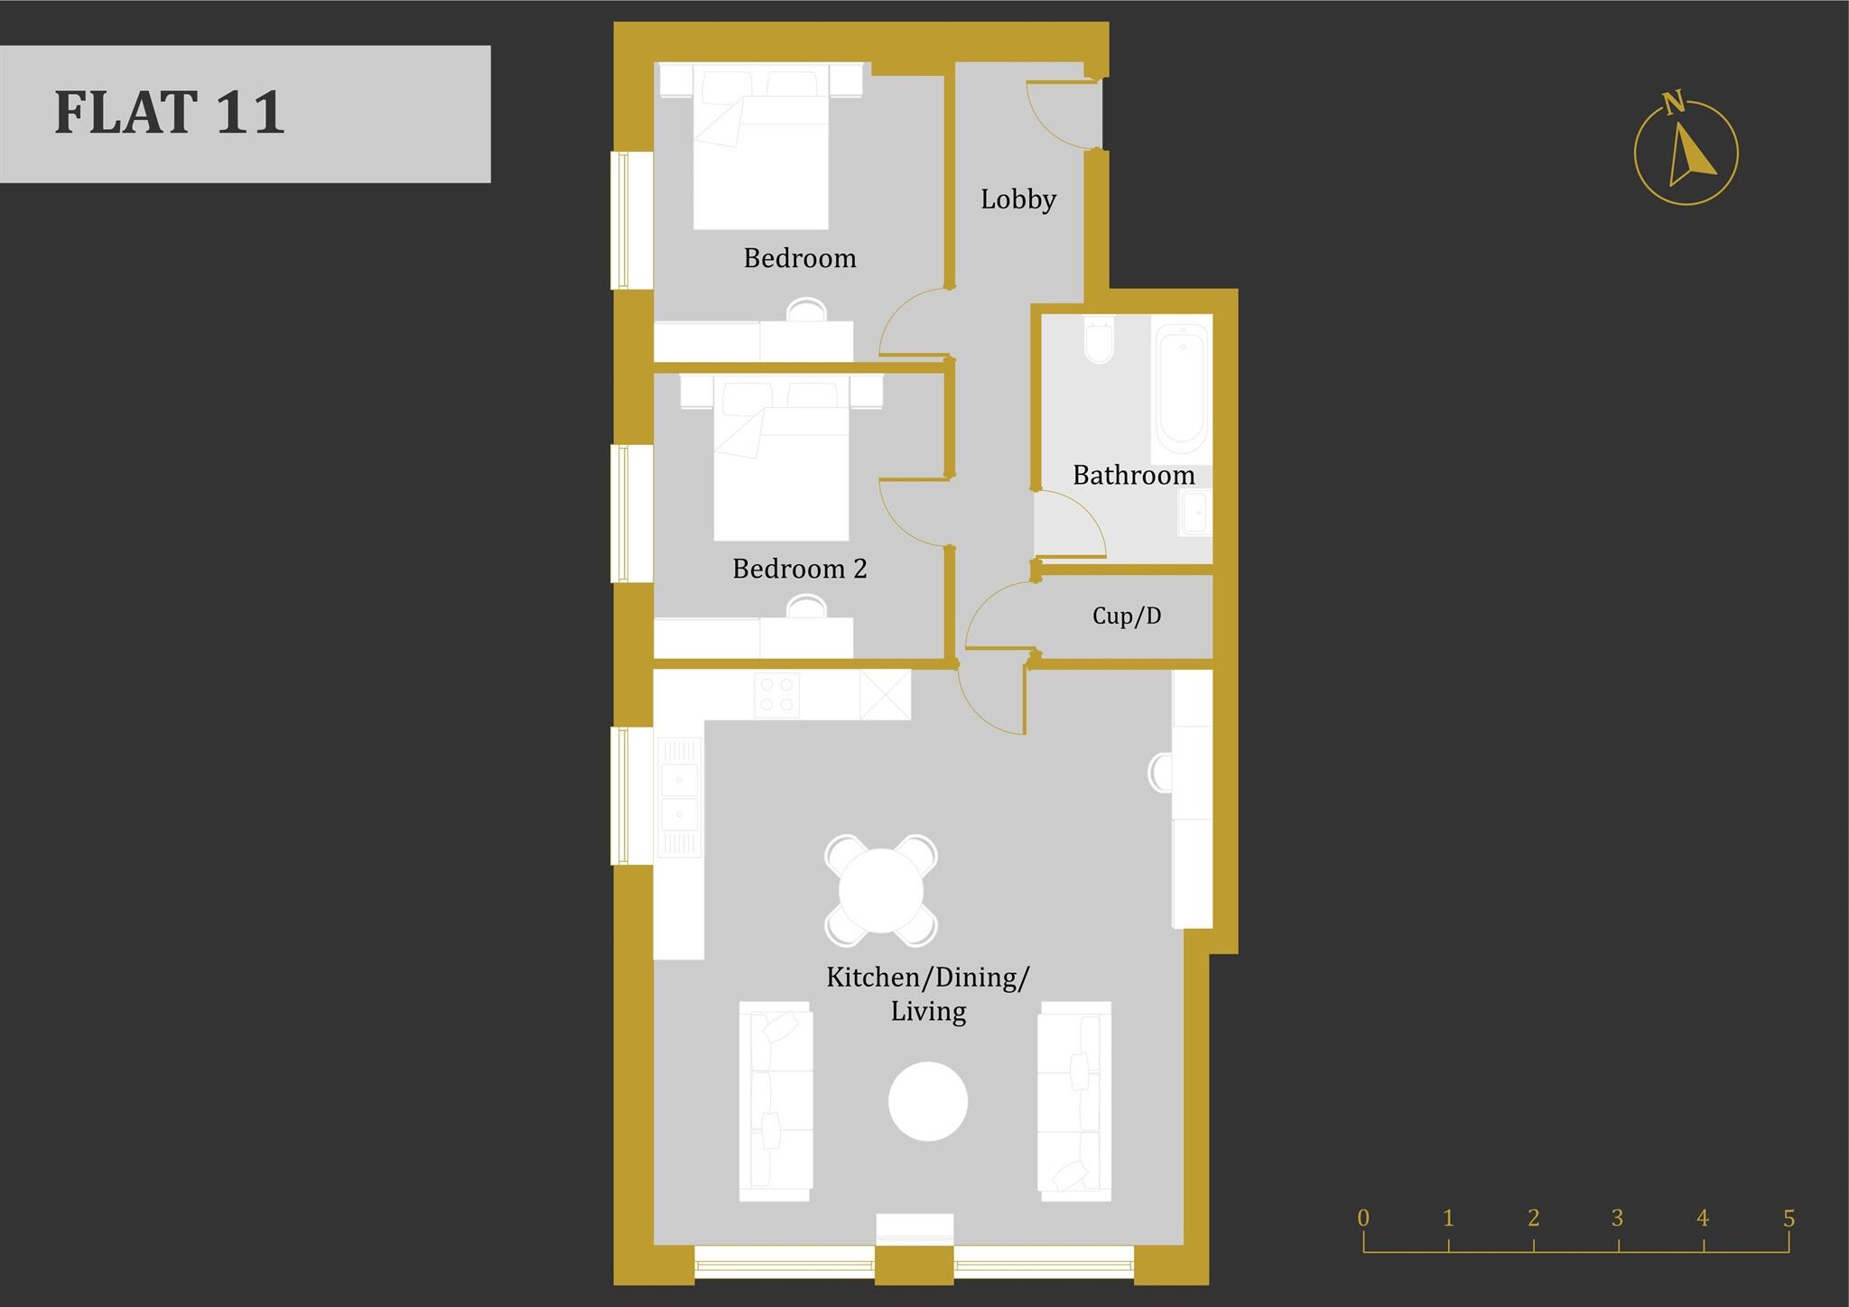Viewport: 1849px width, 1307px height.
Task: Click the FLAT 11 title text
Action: [170, 113]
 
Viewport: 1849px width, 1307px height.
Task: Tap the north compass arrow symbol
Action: [1686, 153]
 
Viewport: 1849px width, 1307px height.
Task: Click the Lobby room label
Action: [1018, 199]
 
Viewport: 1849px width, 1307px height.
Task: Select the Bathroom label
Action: [1133, 476]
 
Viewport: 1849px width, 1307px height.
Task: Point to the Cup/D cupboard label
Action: [1127, 616]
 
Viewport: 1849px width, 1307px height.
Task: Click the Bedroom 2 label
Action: [799, 569]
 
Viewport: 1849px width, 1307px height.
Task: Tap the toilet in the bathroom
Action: [1099, 340]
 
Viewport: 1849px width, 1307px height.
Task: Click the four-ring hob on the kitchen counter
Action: [776, 694]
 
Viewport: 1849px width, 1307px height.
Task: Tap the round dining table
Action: [881, 890]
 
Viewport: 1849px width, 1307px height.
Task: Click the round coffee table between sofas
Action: [928, 1101]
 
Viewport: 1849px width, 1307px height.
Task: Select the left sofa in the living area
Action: [775, 1101]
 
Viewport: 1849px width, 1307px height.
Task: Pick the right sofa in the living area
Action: [1074, 1101]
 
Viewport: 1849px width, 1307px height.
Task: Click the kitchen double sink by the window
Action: [678, 796]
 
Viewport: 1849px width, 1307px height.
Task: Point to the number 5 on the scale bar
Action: [1789, 1219]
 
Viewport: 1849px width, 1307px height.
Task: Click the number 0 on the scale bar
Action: [1363, 1219]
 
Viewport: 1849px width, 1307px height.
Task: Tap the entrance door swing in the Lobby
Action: [1061, 113]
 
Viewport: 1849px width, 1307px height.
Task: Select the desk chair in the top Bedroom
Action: [806, 310]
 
